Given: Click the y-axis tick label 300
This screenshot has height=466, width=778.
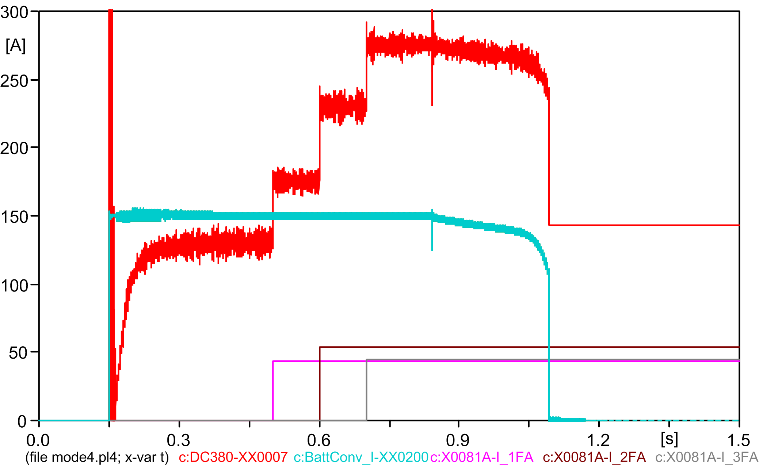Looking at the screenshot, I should (14, 13).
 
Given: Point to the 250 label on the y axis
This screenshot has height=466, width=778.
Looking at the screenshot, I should (14, 81).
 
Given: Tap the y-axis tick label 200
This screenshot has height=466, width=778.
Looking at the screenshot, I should (14, 149).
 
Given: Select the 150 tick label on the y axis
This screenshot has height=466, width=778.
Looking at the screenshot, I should (14, 217).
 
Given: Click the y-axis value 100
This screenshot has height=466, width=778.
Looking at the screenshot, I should (14, 285).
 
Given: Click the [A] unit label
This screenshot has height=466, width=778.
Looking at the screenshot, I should (16, 46).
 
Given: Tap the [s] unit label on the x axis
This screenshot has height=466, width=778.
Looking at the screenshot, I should (669, 439).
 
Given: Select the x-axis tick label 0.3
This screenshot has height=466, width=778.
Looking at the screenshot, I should (178, 440).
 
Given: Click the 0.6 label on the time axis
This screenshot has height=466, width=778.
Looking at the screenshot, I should (319, 440).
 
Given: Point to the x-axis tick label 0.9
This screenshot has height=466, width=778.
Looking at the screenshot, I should (458, 440).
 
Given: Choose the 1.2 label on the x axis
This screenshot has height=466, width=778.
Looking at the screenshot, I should (598, 440).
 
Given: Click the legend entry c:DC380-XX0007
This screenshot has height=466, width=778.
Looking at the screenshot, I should (233, 457).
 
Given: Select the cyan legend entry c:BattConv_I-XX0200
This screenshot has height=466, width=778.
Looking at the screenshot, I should (361, 457).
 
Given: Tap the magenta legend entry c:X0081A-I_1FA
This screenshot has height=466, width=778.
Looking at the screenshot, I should (482, 457).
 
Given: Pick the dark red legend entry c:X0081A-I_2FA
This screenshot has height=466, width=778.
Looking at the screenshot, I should (594, 457).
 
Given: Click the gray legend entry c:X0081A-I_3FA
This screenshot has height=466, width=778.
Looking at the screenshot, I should (707, 457).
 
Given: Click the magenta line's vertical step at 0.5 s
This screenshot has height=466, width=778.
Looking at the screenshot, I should (273, 391).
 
